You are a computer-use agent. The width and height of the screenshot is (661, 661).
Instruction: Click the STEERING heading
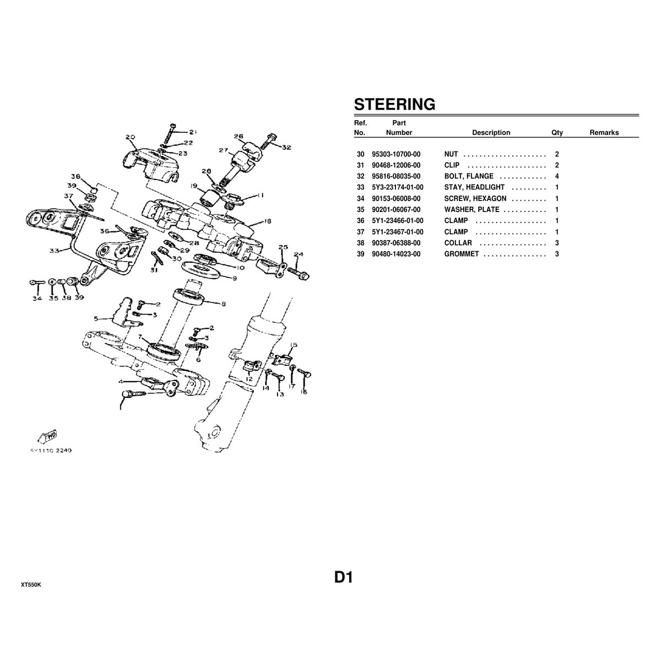394,104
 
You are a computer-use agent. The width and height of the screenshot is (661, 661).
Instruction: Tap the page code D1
343,577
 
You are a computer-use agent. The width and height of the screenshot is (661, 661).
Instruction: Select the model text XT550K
31,584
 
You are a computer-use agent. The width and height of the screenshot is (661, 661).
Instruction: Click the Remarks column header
604,133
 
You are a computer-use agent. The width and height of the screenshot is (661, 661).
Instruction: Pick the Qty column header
557,133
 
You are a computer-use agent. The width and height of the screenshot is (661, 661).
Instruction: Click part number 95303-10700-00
396,154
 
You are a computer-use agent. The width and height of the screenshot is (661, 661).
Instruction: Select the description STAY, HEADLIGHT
474,187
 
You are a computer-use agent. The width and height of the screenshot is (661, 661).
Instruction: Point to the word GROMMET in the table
462,254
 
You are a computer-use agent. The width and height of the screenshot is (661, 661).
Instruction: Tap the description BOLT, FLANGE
469,176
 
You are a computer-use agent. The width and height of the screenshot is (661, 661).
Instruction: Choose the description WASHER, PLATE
472,210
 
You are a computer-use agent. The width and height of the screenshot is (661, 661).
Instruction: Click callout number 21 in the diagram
192,132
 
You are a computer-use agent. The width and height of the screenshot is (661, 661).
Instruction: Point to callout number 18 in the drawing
267,222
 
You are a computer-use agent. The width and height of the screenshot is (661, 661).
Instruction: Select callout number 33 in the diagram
54,251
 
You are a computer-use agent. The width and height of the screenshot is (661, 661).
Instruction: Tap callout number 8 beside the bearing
223,304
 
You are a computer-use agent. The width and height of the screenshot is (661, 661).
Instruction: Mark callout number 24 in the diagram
298,255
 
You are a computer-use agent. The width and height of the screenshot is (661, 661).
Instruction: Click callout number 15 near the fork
294,345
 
